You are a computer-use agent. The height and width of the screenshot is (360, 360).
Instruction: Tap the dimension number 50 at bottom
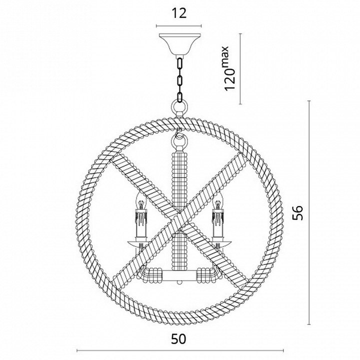click(x=178, y=338)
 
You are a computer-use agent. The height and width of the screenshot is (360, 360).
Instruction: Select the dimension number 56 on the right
click(x=298, y=212)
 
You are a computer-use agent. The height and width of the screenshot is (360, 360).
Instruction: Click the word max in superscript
click(x=225, y=56)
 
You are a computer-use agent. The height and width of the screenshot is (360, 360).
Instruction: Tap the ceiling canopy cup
click(x=180, y=44)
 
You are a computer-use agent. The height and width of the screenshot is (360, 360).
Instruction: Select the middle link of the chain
click(x=180, y=81)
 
